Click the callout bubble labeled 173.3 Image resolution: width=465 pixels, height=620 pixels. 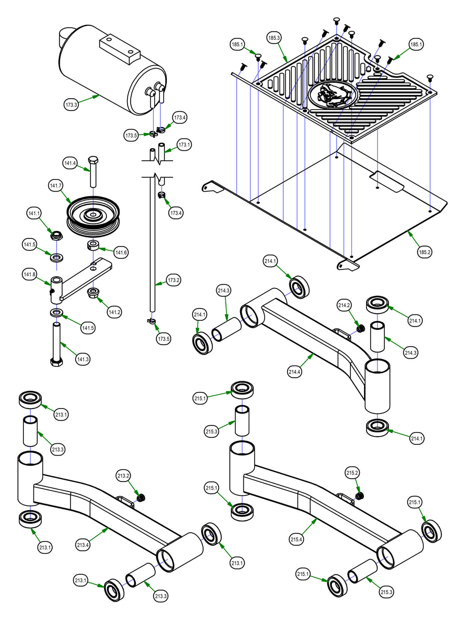click(x=71, y=105)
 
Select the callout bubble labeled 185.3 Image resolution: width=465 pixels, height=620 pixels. click(x=274, y=38)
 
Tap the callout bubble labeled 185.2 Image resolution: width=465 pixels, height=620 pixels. click(x=424, y=252)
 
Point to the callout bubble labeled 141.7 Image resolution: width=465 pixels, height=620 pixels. click(x=55, y=186)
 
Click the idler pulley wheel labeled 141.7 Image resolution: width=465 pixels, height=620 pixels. click(x=93, y=216)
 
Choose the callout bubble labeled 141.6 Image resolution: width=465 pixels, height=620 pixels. click(x=121, y=252)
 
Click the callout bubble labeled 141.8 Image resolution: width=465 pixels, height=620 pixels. click(x=29, y=274)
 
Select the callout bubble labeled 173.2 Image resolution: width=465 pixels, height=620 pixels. click(x=173, y=280)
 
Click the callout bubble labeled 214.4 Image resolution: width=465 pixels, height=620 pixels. click(x=294, y=372)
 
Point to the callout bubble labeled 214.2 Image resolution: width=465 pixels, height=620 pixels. click(x=344, y=305)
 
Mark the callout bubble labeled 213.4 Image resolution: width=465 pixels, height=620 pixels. click(x=83, y=545)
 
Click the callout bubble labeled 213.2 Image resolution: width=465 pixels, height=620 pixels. click(x=123, y=476)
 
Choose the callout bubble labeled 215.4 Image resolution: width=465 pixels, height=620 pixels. click(x=296, y=539)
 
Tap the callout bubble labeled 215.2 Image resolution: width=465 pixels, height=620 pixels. click(x=352, y=473)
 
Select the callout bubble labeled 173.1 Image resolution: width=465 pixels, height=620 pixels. click(x=184, y=145)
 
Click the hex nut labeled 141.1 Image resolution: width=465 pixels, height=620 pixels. click(x=56, y=236)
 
